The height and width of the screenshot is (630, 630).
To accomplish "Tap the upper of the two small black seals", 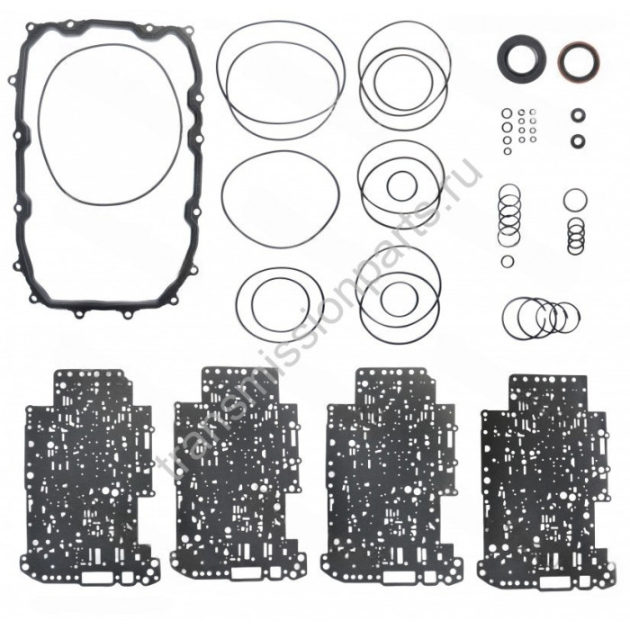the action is (578, 115).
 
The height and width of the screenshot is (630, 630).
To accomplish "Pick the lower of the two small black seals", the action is (578, 140).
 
